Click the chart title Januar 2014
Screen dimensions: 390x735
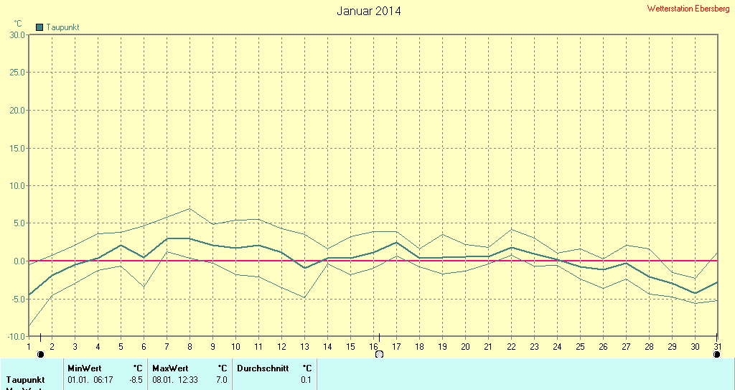tap(369, 11)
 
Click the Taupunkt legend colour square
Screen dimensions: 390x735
tap(39, 27)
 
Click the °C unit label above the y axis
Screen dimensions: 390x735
tap(18, 24)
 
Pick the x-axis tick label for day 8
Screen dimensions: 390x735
tap(189, 347)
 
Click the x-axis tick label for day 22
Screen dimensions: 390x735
tap(511, 347)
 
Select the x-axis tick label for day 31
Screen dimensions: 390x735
tap(717, 347)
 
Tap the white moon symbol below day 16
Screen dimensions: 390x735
tap(379, 354)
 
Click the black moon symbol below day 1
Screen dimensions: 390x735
tap(40, 354)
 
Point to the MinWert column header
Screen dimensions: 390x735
tap(85, 368)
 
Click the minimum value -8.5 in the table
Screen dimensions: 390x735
tap(136, 379)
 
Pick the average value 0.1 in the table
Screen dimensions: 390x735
tap(306, 379)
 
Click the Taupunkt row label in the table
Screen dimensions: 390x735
tap(26, 379)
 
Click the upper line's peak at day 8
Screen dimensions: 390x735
tap(189, 208)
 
